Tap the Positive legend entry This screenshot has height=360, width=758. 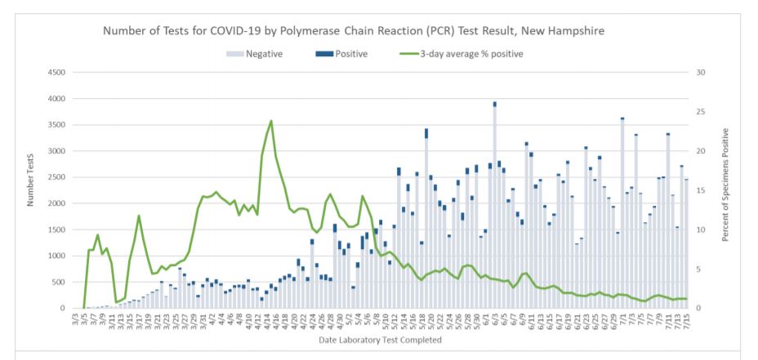[341, 54]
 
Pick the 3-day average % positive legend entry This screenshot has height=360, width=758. [461, 54]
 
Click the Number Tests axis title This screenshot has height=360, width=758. [29, 189]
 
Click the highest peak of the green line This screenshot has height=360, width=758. [270, 121]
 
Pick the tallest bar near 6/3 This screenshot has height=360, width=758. [495, 204]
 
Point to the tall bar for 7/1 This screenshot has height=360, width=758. [622, 212]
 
